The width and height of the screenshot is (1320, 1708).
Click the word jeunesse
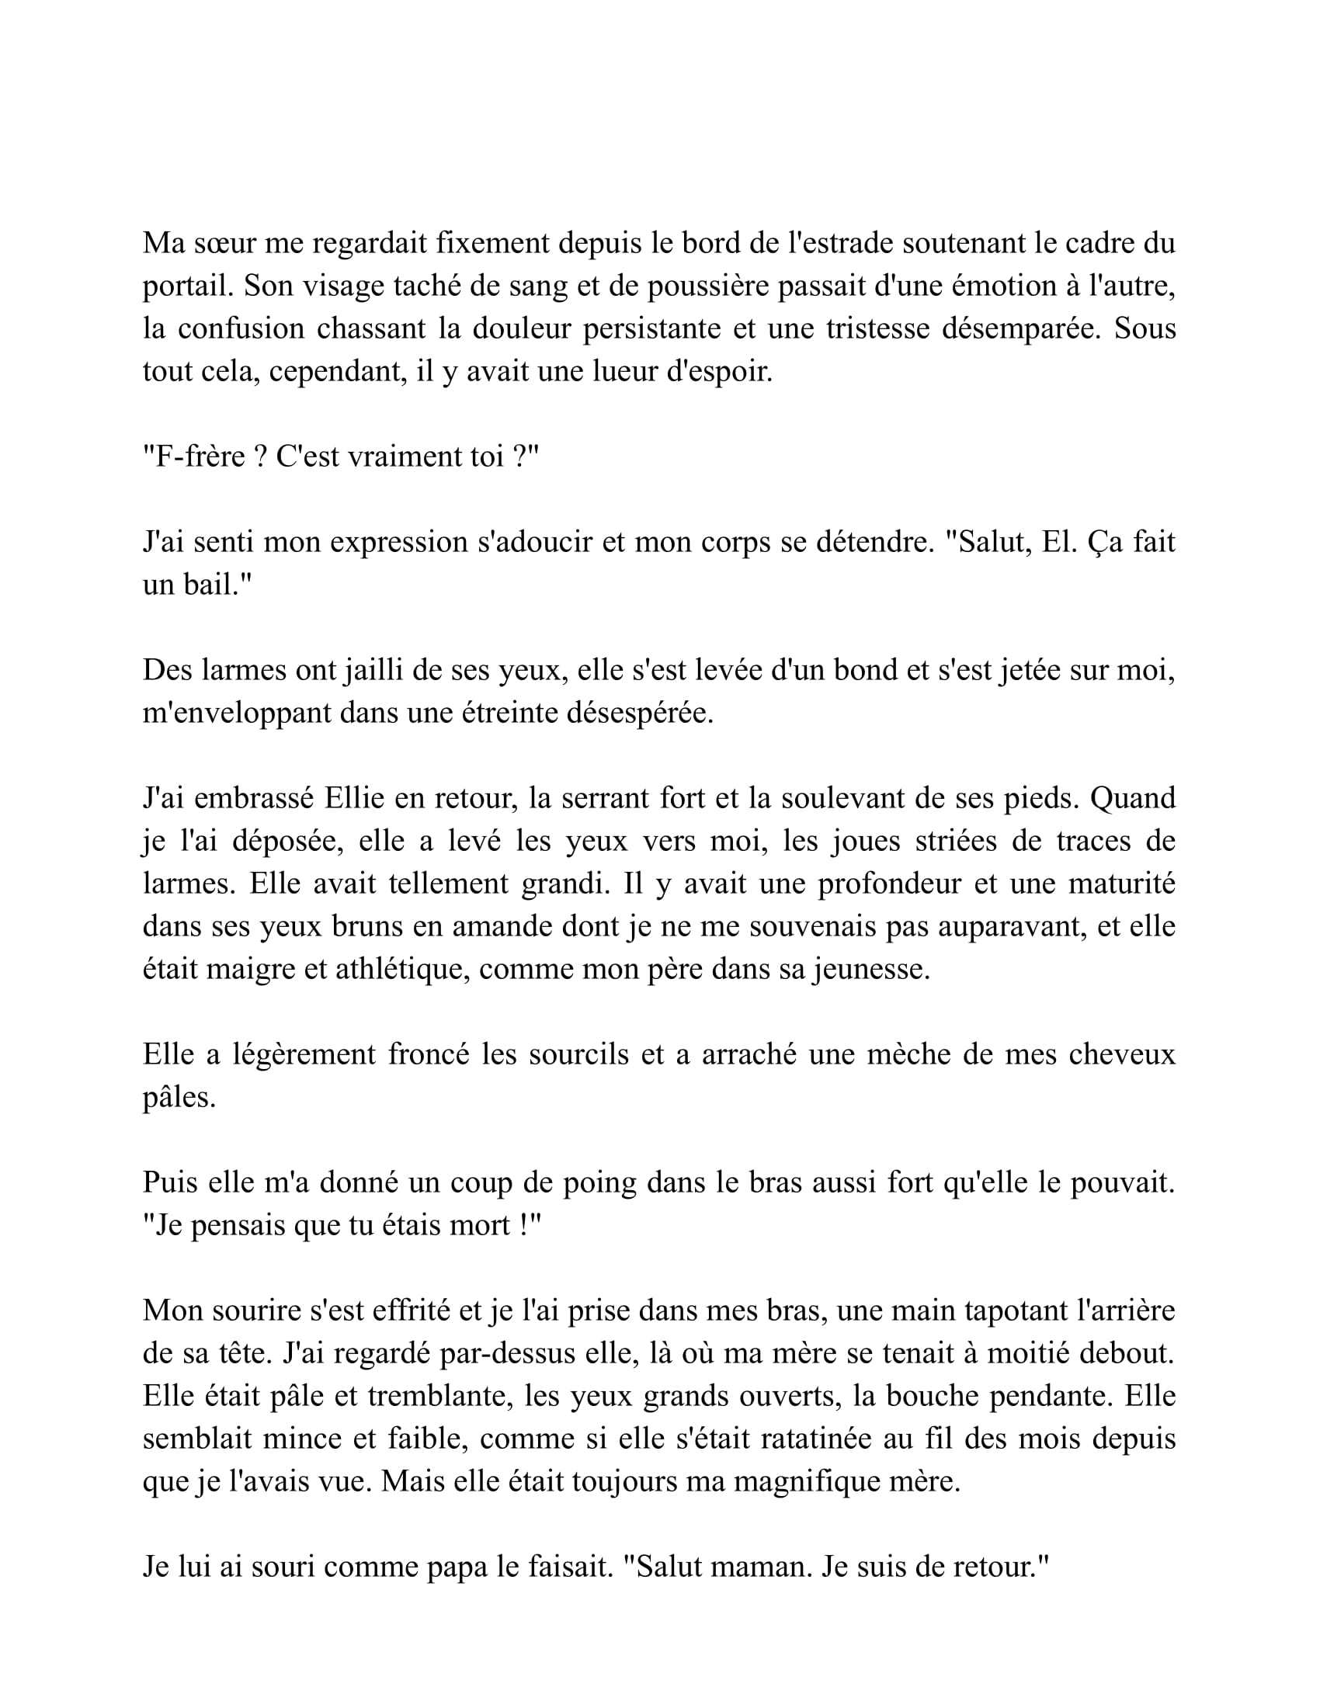pos(871,970)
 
